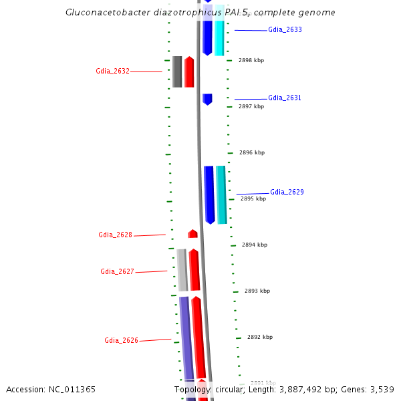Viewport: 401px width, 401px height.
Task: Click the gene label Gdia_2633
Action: tap(284, 30)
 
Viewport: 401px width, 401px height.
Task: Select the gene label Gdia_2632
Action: tap(112, 71)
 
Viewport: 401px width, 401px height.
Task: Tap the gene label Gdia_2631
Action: tap(285, 98)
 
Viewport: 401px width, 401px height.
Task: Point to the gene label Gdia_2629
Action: tap(287, 192)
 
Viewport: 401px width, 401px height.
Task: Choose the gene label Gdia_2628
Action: tap(115, 235)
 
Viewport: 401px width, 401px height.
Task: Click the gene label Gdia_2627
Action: tap(117, 271)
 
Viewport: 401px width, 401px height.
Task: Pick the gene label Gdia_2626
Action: tap(121, 340)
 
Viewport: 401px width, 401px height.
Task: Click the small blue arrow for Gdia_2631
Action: tap(207, 99)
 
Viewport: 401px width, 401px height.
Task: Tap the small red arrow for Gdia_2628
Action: tap(192, 234)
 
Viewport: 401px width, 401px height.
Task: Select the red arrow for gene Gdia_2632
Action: tap(189, 72)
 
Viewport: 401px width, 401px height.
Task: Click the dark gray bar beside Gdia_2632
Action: tap(177, 72)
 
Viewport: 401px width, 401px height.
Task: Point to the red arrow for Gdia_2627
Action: tap(194, 270)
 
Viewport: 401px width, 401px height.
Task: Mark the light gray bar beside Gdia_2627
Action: tap(182, 270)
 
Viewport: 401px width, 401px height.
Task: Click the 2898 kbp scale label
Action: tap(251, 60)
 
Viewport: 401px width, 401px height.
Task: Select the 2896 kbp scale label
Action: tap(252, 152)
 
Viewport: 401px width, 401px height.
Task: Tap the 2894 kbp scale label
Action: tap(255, 245)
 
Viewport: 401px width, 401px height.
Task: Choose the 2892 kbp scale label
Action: tap(260, 338)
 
